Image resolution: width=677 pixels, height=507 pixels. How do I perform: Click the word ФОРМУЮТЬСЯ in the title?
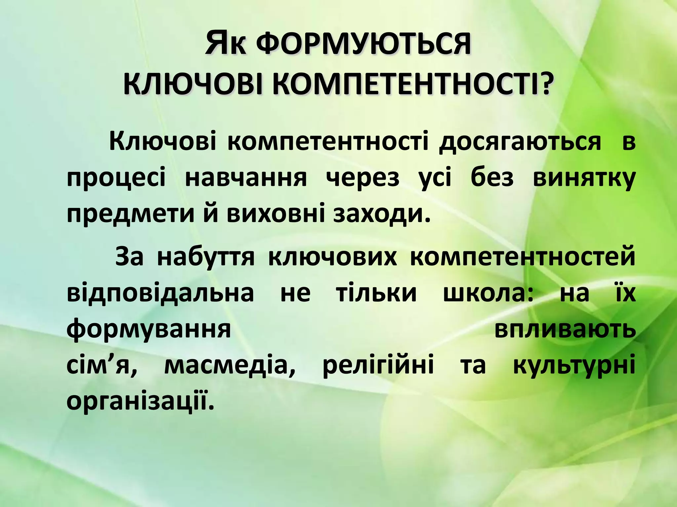pyautogui.click(x=363, y=45)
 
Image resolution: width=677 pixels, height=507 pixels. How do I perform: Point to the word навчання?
pyautogui.click(x=246, y=179)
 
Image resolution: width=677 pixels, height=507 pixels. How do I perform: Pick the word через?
pyautogui.click(x=362, y=179)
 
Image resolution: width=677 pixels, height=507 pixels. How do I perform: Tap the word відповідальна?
pyautogui.click(x=160, y=293)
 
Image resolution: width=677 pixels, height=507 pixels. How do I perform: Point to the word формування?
pyautogui.click(x=149, y=330)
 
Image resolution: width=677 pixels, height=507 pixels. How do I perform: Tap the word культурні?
pyautogui.click(x=574, y=366)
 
